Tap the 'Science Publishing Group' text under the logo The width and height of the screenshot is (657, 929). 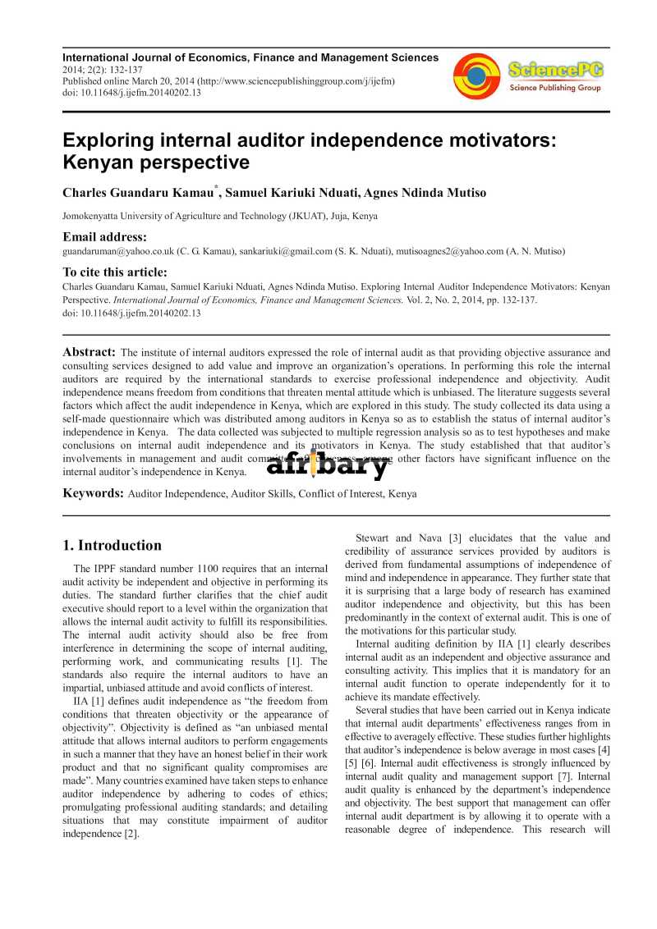click(555, 88)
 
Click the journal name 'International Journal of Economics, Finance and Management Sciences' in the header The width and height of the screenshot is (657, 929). click(250, 57)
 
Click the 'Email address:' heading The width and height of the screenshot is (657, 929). click(104, 237)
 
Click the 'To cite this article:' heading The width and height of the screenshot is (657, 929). click(115, 272)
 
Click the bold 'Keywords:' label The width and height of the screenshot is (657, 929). click(94, 493)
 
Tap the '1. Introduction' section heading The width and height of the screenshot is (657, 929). click(113, 545)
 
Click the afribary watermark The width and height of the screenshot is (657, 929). click(327, 465)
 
